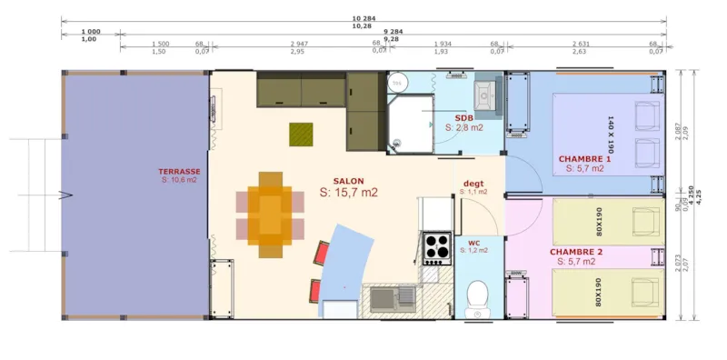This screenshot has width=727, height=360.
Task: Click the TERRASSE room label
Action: point(178,171)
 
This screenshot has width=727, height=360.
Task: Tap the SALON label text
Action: point(348,181)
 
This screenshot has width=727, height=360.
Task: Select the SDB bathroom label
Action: point(463,119)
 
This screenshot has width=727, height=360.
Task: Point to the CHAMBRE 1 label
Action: point(584,158)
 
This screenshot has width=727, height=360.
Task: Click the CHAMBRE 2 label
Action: point(575,251)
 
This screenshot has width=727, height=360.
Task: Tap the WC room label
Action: point(473,242)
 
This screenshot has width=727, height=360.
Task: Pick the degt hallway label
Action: point(473,183)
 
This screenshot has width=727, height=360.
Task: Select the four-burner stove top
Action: point(436,246)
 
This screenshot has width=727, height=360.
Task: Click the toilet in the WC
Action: point(475,295)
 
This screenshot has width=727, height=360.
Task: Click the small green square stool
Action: point(301,134)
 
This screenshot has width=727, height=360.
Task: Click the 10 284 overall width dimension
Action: point(363,17)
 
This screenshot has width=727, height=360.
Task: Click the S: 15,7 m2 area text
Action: point(348,193)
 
